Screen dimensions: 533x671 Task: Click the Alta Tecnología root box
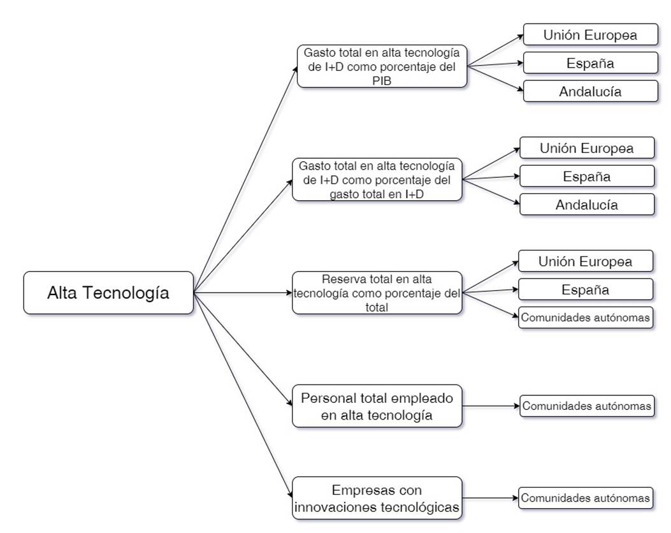pos(108,293)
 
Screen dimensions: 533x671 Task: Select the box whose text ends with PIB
pos(382,66)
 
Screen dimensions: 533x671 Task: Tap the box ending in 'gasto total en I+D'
pos(377,179)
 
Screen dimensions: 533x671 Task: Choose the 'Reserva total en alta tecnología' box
pos(377,293)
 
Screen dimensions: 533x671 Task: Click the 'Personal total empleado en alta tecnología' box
pos(377,406)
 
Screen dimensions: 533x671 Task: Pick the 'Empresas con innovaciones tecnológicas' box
pos(377,498)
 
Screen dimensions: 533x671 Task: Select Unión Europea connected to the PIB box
pos(590,34)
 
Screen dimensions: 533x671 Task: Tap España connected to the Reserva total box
pos(586,289)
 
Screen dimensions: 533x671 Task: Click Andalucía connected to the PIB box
pos(590,91)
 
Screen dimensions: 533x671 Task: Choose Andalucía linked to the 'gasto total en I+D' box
pos(587,205)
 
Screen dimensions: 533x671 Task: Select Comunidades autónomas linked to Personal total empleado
pos(587,405)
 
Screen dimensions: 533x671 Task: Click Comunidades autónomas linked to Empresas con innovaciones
pos(586,497)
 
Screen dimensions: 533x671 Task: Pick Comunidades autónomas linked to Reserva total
pos(586,318)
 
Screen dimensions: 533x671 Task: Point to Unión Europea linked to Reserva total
pos(586,261)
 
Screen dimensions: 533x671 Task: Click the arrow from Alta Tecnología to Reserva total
pos(242,293)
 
